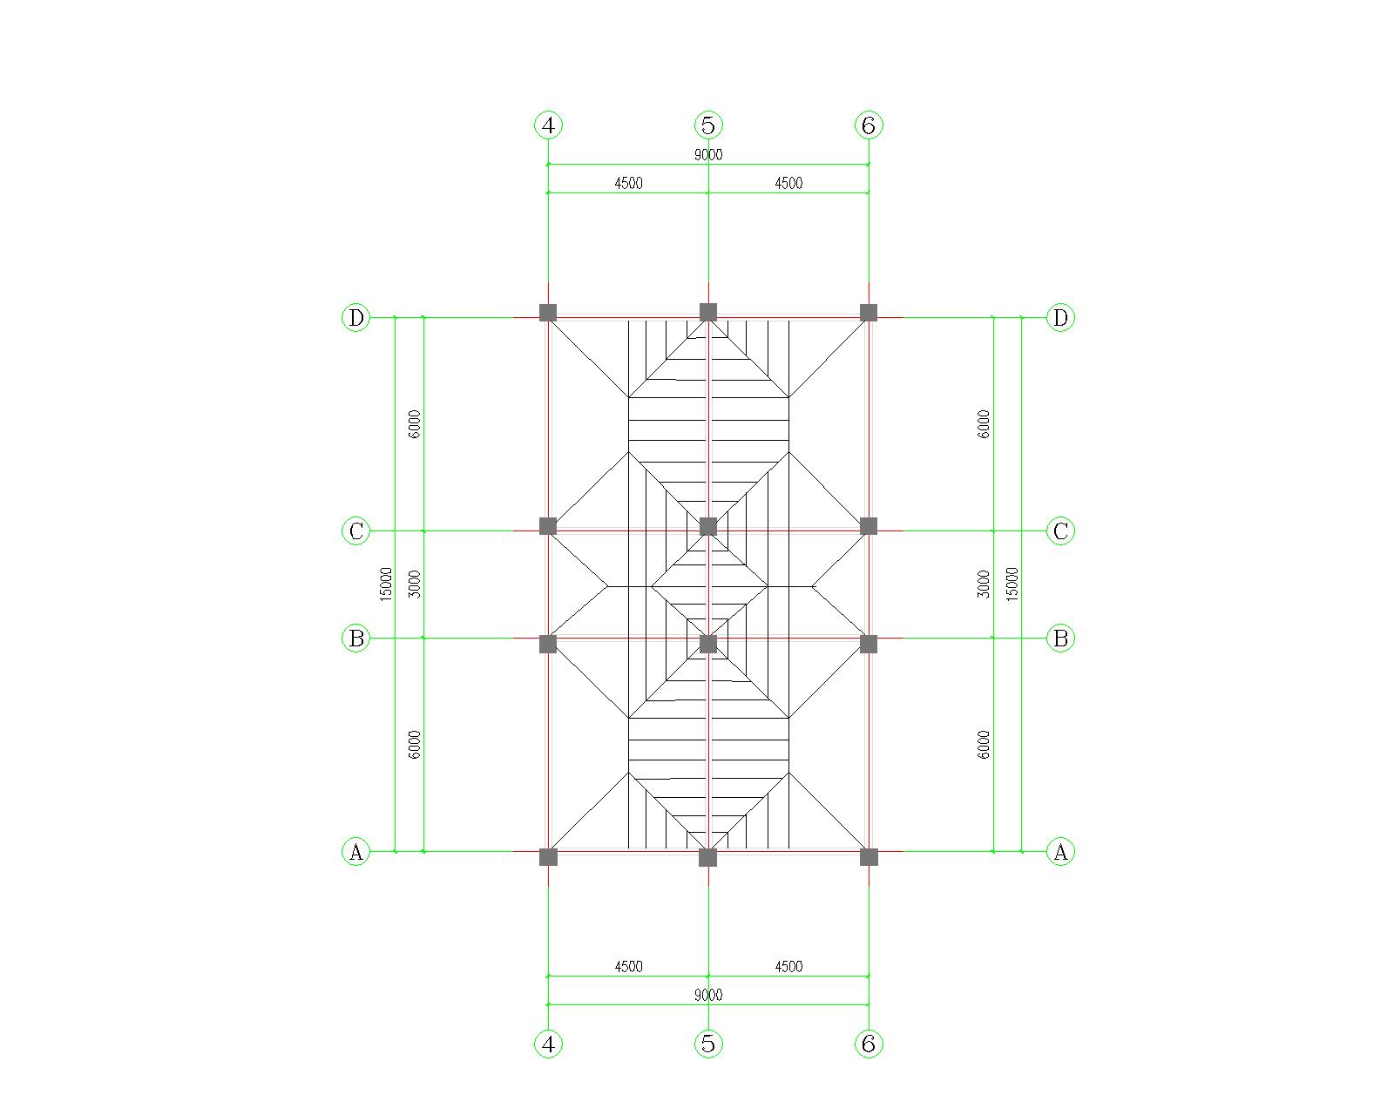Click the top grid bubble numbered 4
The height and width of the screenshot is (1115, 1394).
click(548, 125)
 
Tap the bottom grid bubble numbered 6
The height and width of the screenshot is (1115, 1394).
click(869, 1043)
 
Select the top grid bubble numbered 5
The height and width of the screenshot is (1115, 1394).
click(708, 125)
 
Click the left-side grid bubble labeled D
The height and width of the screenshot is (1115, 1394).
click(355, 317)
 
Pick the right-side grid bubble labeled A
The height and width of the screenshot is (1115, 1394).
click(1060, 851)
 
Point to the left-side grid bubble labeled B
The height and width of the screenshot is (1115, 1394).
click(355, 638)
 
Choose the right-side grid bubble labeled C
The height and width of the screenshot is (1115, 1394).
click(1060, 530)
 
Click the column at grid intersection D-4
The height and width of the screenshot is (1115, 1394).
click(548, 312)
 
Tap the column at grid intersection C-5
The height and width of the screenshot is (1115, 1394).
click(708, 526)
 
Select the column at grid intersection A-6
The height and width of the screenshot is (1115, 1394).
click(869, 857)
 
